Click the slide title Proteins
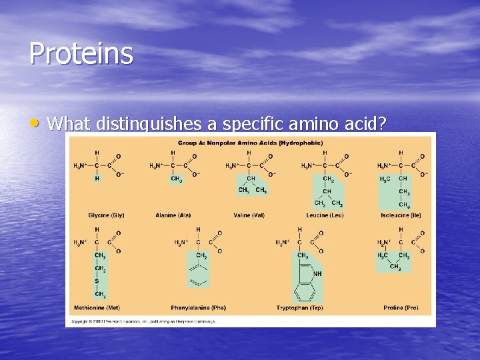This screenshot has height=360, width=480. click(81, 53)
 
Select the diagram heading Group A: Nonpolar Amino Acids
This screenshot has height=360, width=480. click(250, 142)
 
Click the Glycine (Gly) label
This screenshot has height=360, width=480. click(106, 215)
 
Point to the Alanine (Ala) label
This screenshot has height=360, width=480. click(175, 215)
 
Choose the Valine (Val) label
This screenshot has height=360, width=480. click(249, 215)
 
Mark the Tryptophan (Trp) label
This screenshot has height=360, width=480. click(299, 307)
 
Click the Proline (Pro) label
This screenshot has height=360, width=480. click(401, 307)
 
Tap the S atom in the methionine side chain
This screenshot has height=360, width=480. click(97, 281)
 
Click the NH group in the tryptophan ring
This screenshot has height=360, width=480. click(317, 274)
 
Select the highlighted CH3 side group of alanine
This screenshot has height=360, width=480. click(175, 179)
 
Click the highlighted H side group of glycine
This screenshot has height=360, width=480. click(97, 179)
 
